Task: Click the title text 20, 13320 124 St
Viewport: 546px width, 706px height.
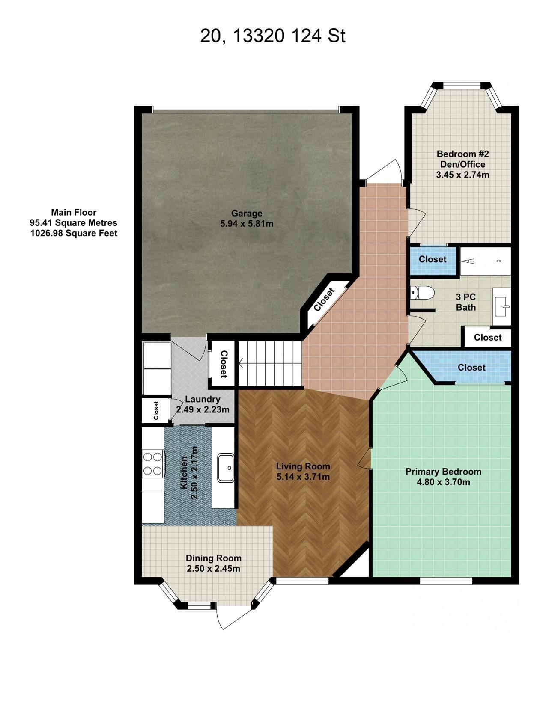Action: [x=272, y=36]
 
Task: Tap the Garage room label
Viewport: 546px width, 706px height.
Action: [x=247, y=213]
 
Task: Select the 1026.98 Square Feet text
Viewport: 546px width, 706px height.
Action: [x=73, y=233]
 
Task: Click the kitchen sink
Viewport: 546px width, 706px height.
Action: [x=226, y=468]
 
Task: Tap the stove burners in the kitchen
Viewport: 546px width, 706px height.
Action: [x=153, y=464]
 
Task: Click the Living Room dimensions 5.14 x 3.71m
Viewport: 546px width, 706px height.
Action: [x=303, y=477]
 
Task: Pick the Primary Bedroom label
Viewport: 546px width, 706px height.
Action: [x=443, y=472]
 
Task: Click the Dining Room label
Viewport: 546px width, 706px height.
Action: [x=213, y=558]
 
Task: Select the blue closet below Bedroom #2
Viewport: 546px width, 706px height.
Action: [x=432, y=259]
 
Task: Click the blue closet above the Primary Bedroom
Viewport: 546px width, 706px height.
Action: [x=471, y=367]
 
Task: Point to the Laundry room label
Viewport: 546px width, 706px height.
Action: [x=203, y=399]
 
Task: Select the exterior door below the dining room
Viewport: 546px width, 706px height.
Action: [x=224, y=616]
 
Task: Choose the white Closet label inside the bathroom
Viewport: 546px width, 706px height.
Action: [x=488, y=338]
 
